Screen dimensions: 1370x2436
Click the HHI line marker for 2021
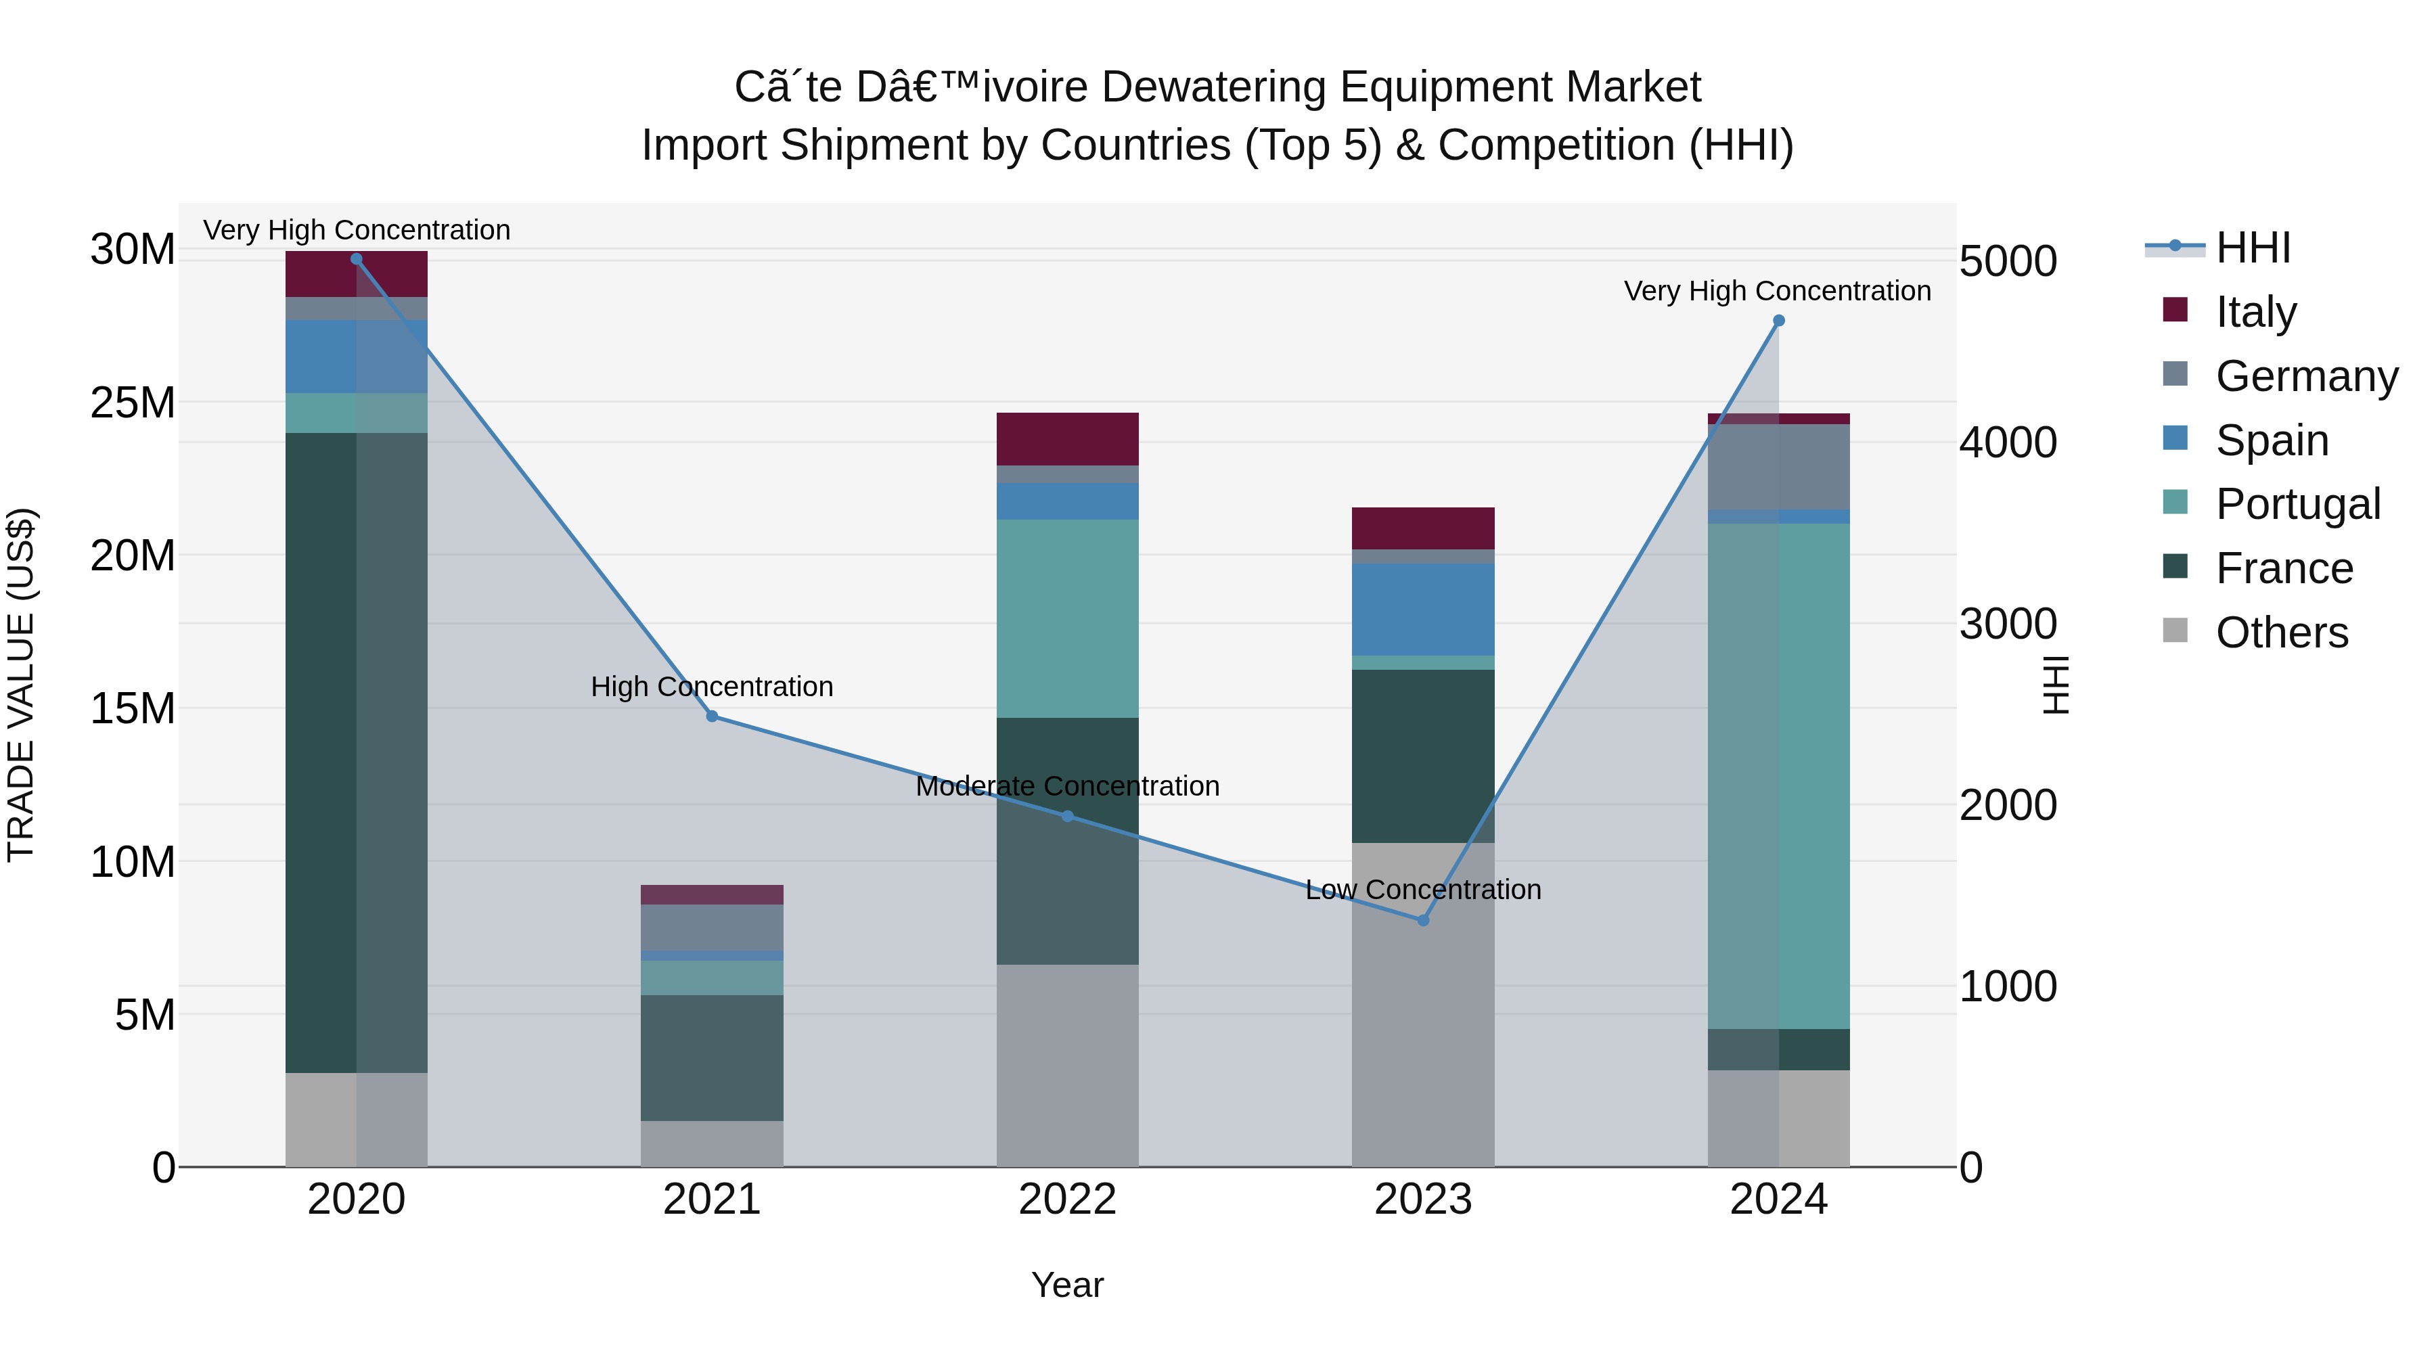pyautogui.click(x=712, y=716)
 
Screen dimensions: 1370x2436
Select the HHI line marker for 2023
pyautogui.click(x=1423, y=920)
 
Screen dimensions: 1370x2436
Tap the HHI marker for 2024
pyautogui.click(x=1779, y=321)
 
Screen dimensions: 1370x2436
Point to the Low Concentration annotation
pyautogui.click(x=1423, y=890)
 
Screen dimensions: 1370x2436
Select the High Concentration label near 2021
pyautogui.click(x=712, y=687)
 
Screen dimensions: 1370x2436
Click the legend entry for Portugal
pyautogui.click(x=2297, y=504)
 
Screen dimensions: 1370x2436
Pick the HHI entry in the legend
pyautogui.click(x=2253, y=248)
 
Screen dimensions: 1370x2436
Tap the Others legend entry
pyautogui.click(x=2281, y=632)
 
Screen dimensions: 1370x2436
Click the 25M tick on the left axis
pyautogui.click(x=133, y=403)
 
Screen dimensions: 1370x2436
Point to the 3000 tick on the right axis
pyautogui.click(x=2008, y=624)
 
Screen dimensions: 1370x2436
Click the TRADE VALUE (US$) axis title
pyautogui.click(x=22, y=685)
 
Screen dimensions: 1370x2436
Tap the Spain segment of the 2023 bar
pyautogui.click(x=1423, y=609)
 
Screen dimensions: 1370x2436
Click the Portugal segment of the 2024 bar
pyautogui.click(x=1779, y=775)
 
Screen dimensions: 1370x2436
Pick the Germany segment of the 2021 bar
pyautogui.click(x=712, y=927)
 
